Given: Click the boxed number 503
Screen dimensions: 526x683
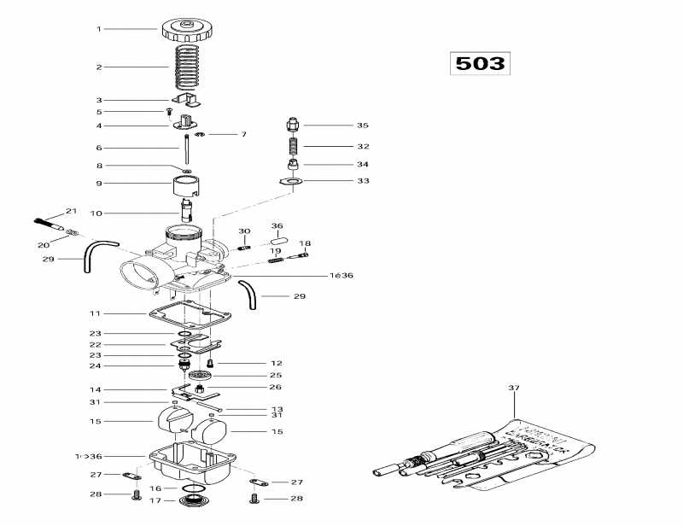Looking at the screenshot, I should point(479,63).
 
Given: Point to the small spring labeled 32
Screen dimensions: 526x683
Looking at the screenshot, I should point(292,146).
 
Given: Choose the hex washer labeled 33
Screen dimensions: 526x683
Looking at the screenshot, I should point(292,181).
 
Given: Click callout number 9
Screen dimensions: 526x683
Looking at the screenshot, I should point(99,183).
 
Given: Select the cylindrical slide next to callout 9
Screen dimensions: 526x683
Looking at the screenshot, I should point(186,183).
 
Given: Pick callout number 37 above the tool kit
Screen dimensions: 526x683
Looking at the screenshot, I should point(514,388).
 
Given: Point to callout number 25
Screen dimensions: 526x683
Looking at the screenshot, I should point(275,375).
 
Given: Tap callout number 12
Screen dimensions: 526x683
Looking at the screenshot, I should point(276,363).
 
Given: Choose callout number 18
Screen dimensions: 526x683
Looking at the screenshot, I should point(305,243).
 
